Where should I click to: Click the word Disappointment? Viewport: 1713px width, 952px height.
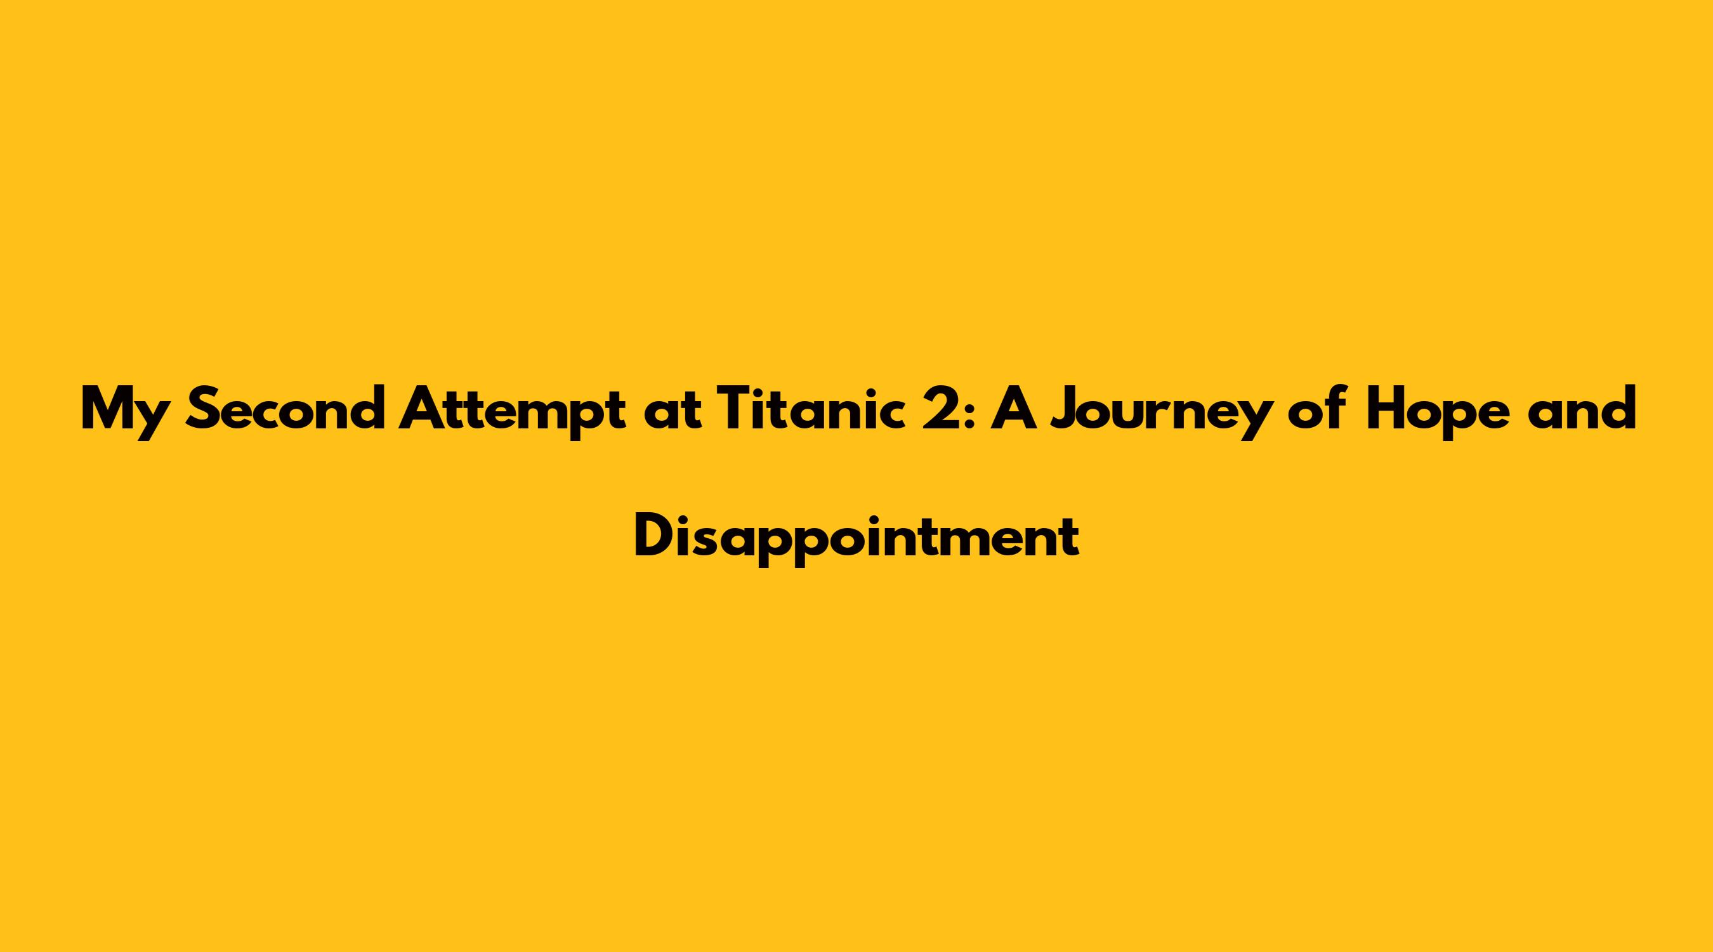pos(856,538)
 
